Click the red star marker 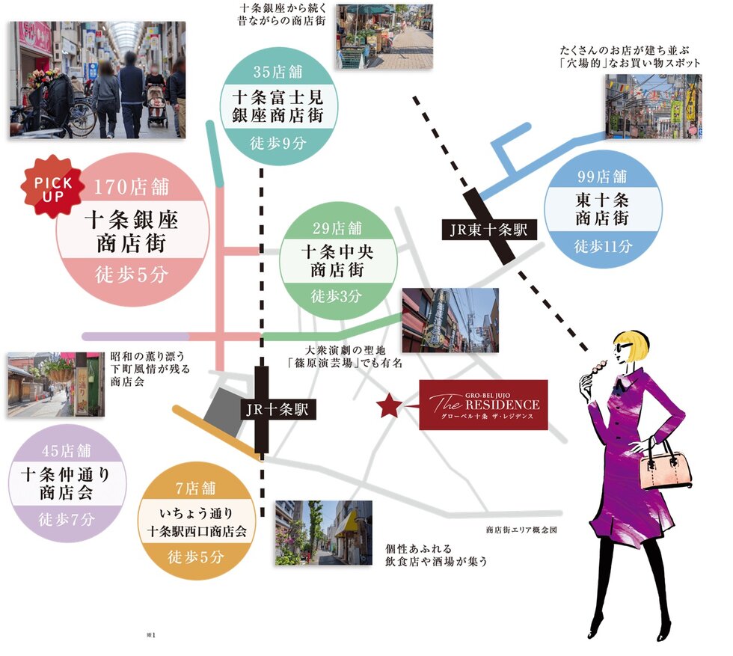coord(389,406)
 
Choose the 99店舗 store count coord(602,177)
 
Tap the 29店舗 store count coord(337,227)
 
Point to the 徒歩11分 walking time coord(603,245)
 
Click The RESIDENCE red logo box coord(483,405)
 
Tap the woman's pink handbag coord(665,468)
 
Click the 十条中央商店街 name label coord(337,260)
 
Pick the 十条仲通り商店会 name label coord(67,485)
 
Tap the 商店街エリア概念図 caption coord(521,530)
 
